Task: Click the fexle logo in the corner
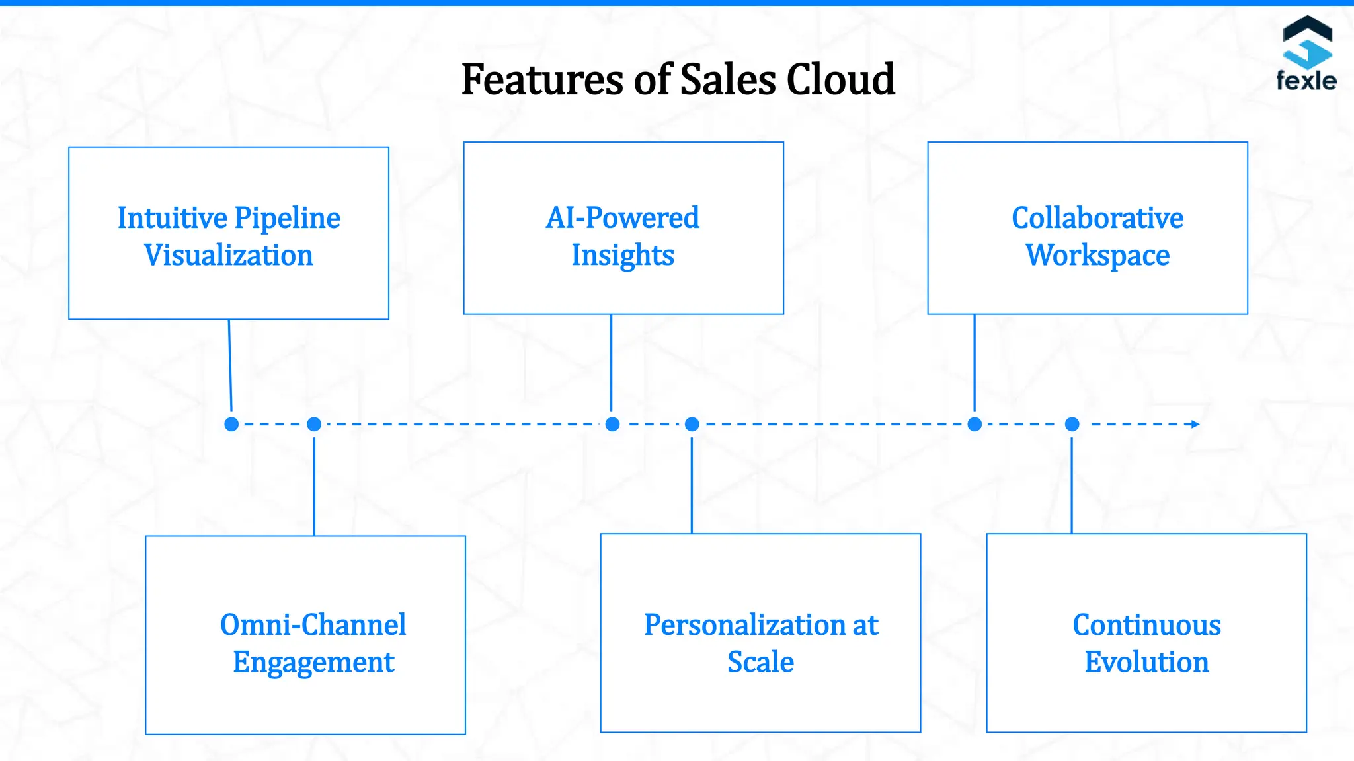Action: click(x=1306, y=54)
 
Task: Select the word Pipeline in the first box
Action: click(x=287, y=219)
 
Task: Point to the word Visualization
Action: click(x=229, y=255)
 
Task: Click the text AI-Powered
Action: click(x=622, y=218)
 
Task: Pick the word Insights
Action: click(x=623, y=256)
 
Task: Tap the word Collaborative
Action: click(x=1097, y=218)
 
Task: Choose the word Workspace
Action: click(x=1097, y=256)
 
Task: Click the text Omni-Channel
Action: click(x=313, y=625)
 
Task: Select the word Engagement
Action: click(x=313, y=663)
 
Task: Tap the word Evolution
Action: click(x=1146, y=662)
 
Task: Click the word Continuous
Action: click(x=1146, y=625)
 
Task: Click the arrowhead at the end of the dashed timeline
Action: click(x=1195, y=424)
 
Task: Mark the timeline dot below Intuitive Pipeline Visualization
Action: click(x=231, y=424)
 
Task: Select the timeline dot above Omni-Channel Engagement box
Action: click(x=315, y=424)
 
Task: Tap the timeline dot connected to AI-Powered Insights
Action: click(x=613, y=424)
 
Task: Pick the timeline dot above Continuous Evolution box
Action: click(x=1072, y=424)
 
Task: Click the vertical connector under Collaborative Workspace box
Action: click(x=975, y=363)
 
